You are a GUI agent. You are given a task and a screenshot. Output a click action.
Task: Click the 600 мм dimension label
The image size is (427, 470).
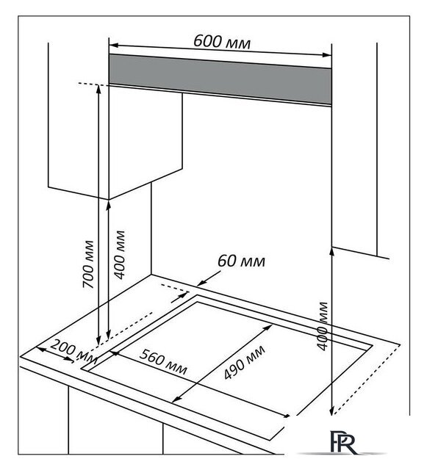click(222, 41)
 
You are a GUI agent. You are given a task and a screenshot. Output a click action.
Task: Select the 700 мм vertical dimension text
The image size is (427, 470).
click(88, 264)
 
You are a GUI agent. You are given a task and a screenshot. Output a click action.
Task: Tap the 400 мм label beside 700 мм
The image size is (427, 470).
click(120, 255)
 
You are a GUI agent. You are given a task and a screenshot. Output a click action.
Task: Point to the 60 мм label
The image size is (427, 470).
click(241, 261)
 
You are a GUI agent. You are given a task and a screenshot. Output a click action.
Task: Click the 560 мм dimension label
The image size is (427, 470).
click(164, 362)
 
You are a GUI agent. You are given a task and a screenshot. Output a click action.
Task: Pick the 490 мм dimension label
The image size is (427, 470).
click(245, 362)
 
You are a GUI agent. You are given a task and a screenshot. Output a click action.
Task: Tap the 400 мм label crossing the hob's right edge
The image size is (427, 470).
click(323, 326)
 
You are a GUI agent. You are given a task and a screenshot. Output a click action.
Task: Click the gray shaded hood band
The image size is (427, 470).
click(220, 79)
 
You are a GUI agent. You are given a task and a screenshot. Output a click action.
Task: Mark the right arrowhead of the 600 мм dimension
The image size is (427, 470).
click(327, 55)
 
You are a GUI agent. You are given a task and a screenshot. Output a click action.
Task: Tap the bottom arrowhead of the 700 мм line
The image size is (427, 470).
click(98, 341)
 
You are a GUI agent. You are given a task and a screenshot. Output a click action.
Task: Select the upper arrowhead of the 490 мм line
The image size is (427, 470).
click(269, 327)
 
